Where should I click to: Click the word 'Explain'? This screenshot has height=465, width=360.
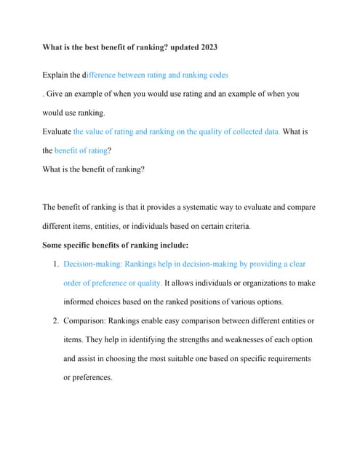tap(57, 75)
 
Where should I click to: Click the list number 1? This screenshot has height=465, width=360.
tap(55, 264)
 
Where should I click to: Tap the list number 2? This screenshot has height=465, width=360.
tap(55, 320)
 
